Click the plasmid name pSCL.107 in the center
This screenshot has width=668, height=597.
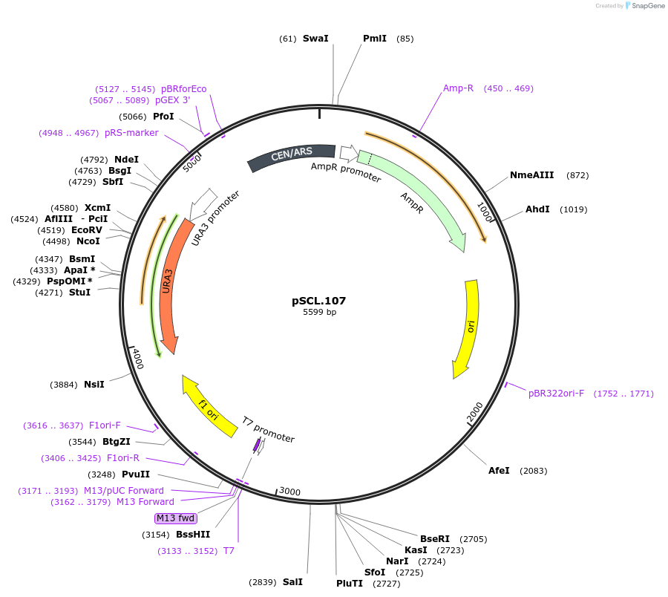318,301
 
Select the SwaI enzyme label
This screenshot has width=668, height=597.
315,38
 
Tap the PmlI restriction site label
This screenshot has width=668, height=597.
375,38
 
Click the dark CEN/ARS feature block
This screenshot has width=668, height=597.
291,155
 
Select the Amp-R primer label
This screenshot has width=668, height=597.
458,88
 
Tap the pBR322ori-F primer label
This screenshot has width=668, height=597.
556,393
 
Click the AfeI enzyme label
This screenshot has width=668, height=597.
499,471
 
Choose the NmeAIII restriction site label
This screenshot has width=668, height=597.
531,175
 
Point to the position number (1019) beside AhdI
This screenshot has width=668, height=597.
574,209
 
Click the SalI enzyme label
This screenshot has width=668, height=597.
292,582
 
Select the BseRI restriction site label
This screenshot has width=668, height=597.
435,538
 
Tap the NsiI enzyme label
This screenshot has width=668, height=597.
94,384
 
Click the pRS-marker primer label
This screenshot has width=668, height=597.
131,133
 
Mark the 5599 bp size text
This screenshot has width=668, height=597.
319,313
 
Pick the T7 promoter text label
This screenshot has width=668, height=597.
268,430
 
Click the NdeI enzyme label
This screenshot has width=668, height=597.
126,159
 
